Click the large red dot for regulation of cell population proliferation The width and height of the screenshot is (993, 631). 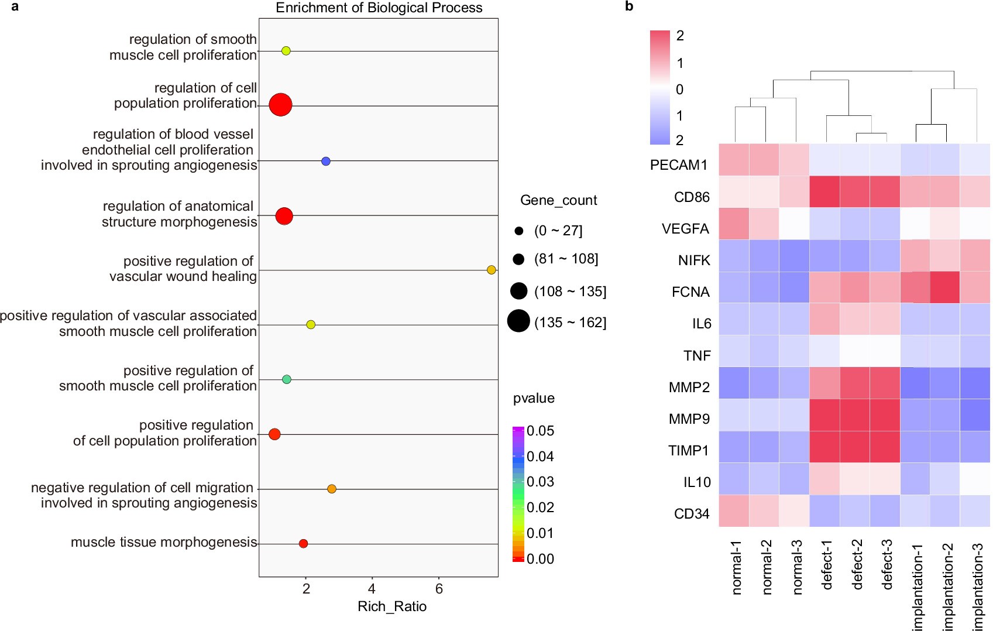point(280,105)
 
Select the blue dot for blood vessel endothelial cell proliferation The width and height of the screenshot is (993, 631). point(326,161)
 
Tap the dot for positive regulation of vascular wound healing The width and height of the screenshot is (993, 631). point(492,270)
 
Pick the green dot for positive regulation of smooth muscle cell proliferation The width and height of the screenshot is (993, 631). point(287,379)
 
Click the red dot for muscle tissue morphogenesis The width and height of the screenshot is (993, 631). point(303,544)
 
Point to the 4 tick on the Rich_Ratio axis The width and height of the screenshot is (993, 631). point(372,589)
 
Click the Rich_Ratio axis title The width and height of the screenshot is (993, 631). point(391,606)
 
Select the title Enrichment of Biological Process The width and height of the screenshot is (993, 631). point(379,8)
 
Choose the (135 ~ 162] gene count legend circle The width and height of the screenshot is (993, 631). point(518,321)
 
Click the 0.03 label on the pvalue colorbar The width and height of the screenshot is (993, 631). point(540,482)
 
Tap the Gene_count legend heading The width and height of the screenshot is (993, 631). point(558,200)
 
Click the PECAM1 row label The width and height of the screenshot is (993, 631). point(679,165)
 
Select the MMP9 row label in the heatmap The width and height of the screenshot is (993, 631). point(689,419)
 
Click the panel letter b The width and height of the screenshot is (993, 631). point(629,6)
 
